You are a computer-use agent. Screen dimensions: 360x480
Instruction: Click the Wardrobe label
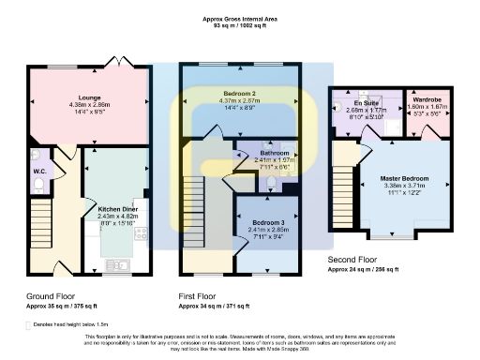tap(427, 98)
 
